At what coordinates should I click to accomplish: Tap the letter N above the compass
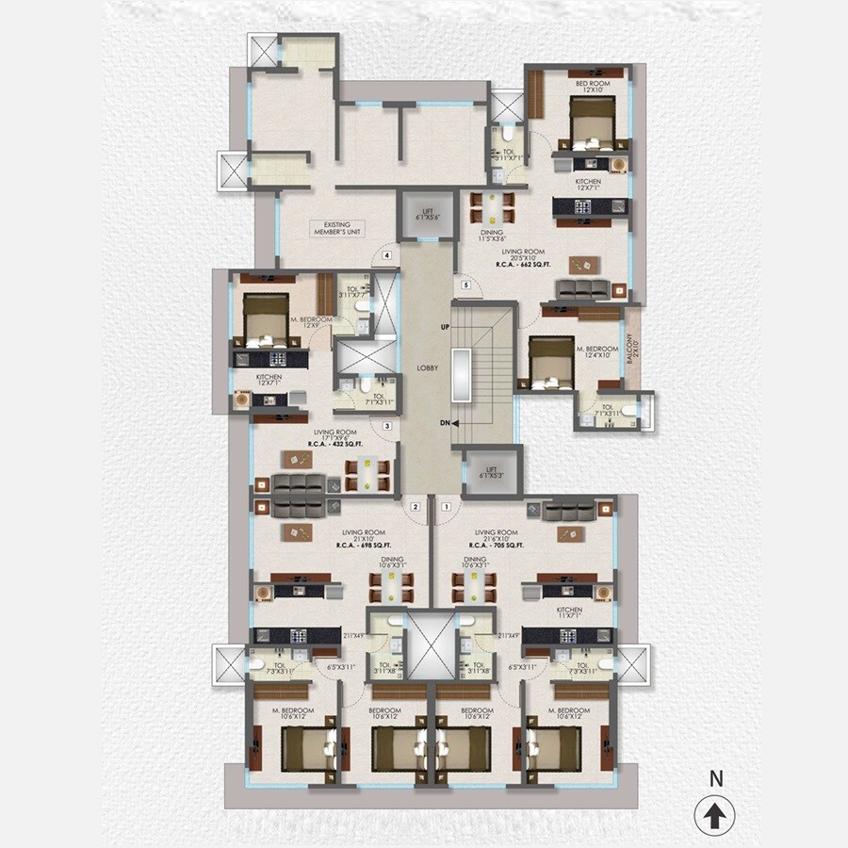tap(716, 779)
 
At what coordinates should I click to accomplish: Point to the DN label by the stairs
tap(444, 423)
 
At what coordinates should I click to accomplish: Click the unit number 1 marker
tap(448, 506)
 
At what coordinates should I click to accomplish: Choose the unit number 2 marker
tap(415, 506)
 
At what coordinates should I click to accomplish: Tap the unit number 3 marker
tap(386, 426)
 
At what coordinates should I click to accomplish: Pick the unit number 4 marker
tap(385, 253)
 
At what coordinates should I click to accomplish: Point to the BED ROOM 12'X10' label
tap(594, 88)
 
